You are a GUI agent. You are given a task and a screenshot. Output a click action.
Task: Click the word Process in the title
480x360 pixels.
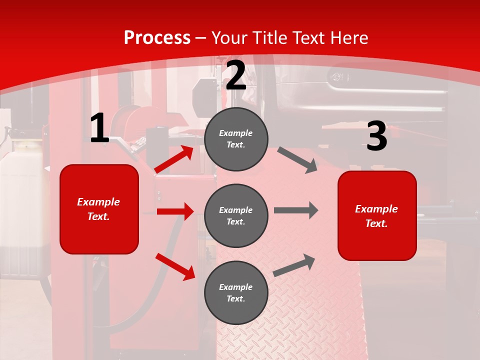click(x=157, y=37)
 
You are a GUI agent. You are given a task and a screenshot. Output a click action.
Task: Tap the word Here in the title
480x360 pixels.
click(x=348, y=37)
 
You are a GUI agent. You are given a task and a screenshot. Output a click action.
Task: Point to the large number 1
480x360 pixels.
click(x=99, y=128)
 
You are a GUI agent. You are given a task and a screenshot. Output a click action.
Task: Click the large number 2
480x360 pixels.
click(x=236, y=75)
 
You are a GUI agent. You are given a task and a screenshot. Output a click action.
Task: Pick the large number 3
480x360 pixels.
click(x=376, y=136)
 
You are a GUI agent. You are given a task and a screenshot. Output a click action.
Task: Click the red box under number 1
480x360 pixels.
click(x=99, y=209)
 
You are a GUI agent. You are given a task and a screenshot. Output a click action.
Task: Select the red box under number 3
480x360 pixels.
click(x=377, y=215)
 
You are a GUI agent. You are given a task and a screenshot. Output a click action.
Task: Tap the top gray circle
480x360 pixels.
click(x=236, y=139)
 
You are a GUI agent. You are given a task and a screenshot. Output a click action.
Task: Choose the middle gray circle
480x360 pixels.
click(x=236, y=215)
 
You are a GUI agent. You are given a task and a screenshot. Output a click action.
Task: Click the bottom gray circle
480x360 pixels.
click(x=236, y=292)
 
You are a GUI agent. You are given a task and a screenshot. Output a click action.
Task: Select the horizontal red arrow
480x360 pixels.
click(x=175, y=211)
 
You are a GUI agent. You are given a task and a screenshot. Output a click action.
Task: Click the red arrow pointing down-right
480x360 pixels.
click(x=175, y=266)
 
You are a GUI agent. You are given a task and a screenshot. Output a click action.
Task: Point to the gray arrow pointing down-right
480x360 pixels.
click(x=297, y=160)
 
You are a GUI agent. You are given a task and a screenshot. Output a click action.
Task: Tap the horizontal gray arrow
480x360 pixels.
click(x=296, y=210)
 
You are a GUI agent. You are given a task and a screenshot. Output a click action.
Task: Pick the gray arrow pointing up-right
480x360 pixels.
click(x=294, y=265)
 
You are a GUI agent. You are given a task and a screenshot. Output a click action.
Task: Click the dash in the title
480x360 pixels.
click(x=201, y=38)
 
